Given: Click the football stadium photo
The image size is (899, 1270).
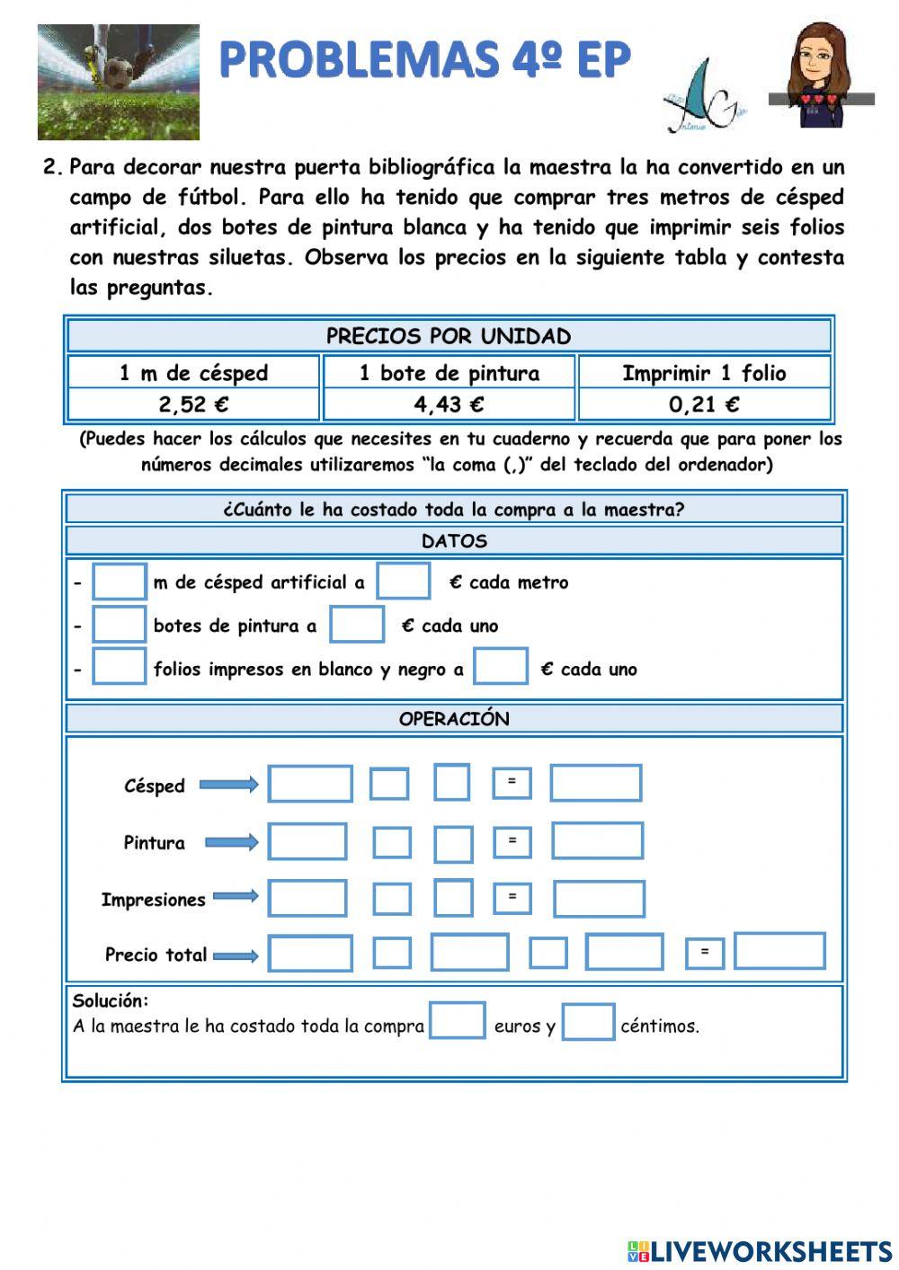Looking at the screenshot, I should click(x=118, y=82).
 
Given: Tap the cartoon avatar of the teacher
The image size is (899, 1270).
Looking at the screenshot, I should click(x=820, y=76).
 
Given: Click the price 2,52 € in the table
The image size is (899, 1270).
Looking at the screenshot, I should click(x=193, y=404).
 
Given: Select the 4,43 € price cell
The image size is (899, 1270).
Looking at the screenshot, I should click(x=449, y=404).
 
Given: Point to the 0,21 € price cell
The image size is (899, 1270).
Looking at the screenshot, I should click(x=704, y=404).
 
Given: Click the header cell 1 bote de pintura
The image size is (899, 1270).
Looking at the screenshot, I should click(x=449, y=373).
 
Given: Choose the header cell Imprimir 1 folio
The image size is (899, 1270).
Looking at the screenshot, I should click(x=704, y=373).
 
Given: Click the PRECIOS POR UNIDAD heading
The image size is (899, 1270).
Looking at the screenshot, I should click(x=449, y=336).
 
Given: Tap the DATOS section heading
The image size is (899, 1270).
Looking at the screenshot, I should click(x=454, y=541).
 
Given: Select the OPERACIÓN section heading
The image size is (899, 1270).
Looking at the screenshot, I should click(x=454, y=719).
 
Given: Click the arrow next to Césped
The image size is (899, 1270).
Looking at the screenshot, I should click(x=228, y=786).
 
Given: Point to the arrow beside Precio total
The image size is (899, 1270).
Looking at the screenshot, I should click(x=236, y=955).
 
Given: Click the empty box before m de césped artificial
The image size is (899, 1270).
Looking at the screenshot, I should click(x=120, y=582).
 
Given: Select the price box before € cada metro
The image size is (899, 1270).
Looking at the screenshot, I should click(x=403, y=581).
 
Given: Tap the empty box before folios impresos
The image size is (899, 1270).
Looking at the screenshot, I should click(x=120, y=668).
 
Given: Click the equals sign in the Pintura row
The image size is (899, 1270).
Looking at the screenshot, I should click(x=512, y=841).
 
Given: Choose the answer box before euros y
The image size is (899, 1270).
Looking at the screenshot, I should click(x=457, y=1021).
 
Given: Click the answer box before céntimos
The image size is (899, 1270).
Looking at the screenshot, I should click(x=588, y=1022).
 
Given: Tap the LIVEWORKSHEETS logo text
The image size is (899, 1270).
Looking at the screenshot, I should click(x=770, y=1251).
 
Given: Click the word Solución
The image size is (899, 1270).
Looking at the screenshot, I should click(x=111, y=1000).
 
